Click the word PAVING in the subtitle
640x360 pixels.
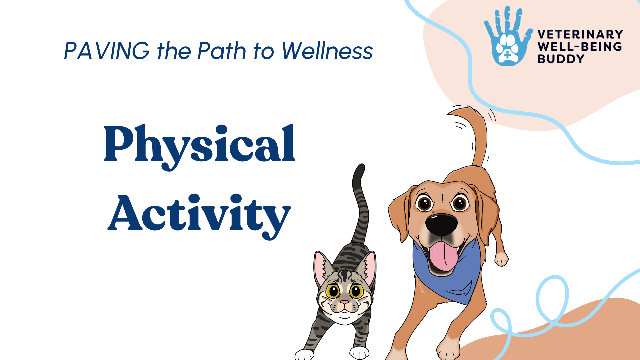point(107,51)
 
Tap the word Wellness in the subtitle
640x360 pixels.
point(327,51)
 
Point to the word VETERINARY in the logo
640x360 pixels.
point(580,34)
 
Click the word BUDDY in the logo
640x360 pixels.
point(561,59)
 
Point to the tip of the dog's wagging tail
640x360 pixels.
point(448,114)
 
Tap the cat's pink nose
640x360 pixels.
point(344,303)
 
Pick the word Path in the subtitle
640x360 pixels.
point(222,51)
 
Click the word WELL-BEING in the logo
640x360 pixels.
point(580,47)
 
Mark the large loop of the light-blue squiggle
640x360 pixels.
point(552,298)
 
